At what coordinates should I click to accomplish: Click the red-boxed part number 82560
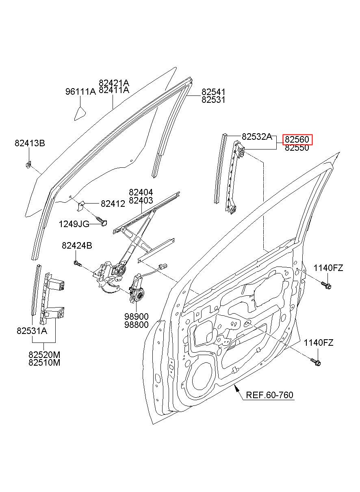coord(297,139)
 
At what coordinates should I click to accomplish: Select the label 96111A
coord(80,91)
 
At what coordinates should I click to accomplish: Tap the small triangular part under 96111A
coord(80,114)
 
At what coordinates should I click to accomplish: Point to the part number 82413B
coord(30,143)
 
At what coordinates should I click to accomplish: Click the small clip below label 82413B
coord(28,164)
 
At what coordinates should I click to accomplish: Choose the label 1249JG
coord(74,224)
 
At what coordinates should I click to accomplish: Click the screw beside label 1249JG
coord(102,221)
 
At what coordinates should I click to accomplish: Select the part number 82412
coord(113,204)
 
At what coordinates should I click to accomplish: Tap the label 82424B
coord(77,245)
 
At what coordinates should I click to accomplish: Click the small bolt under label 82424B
coord(78,263)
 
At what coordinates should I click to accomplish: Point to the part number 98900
coord(137,316)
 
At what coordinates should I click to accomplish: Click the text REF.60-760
coord(269,395)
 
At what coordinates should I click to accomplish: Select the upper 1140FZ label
coord(328,268)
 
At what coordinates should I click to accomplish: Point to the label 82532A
coord(257,137)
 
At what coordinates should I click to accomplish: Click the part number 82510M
coord(44,362)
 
